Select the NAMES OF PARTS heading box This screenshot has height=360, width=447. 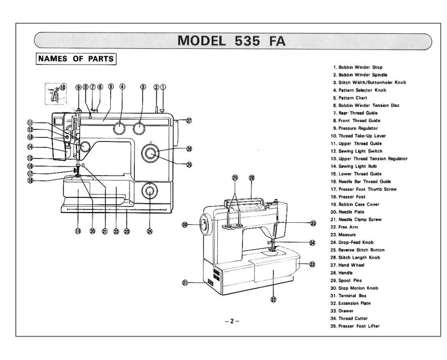(x=75, y=58)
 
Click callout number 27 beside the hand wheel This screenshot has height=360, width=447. (x=189, y=120)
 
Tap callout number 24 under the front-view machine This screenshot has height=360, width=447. (x=150, y=231)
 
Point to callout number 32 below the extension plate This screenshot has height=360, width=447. (x=274, y=300)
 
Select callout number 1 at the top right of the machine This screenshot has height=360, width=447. (x=163, y=87)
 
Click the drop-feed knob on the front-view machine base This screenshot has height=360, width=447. (x=150, y=192)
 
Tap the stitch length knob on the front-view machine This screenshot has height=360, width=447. (x=151, y=152)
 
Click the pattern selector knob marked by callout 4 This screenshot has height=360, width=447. (x=119, y=129)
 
